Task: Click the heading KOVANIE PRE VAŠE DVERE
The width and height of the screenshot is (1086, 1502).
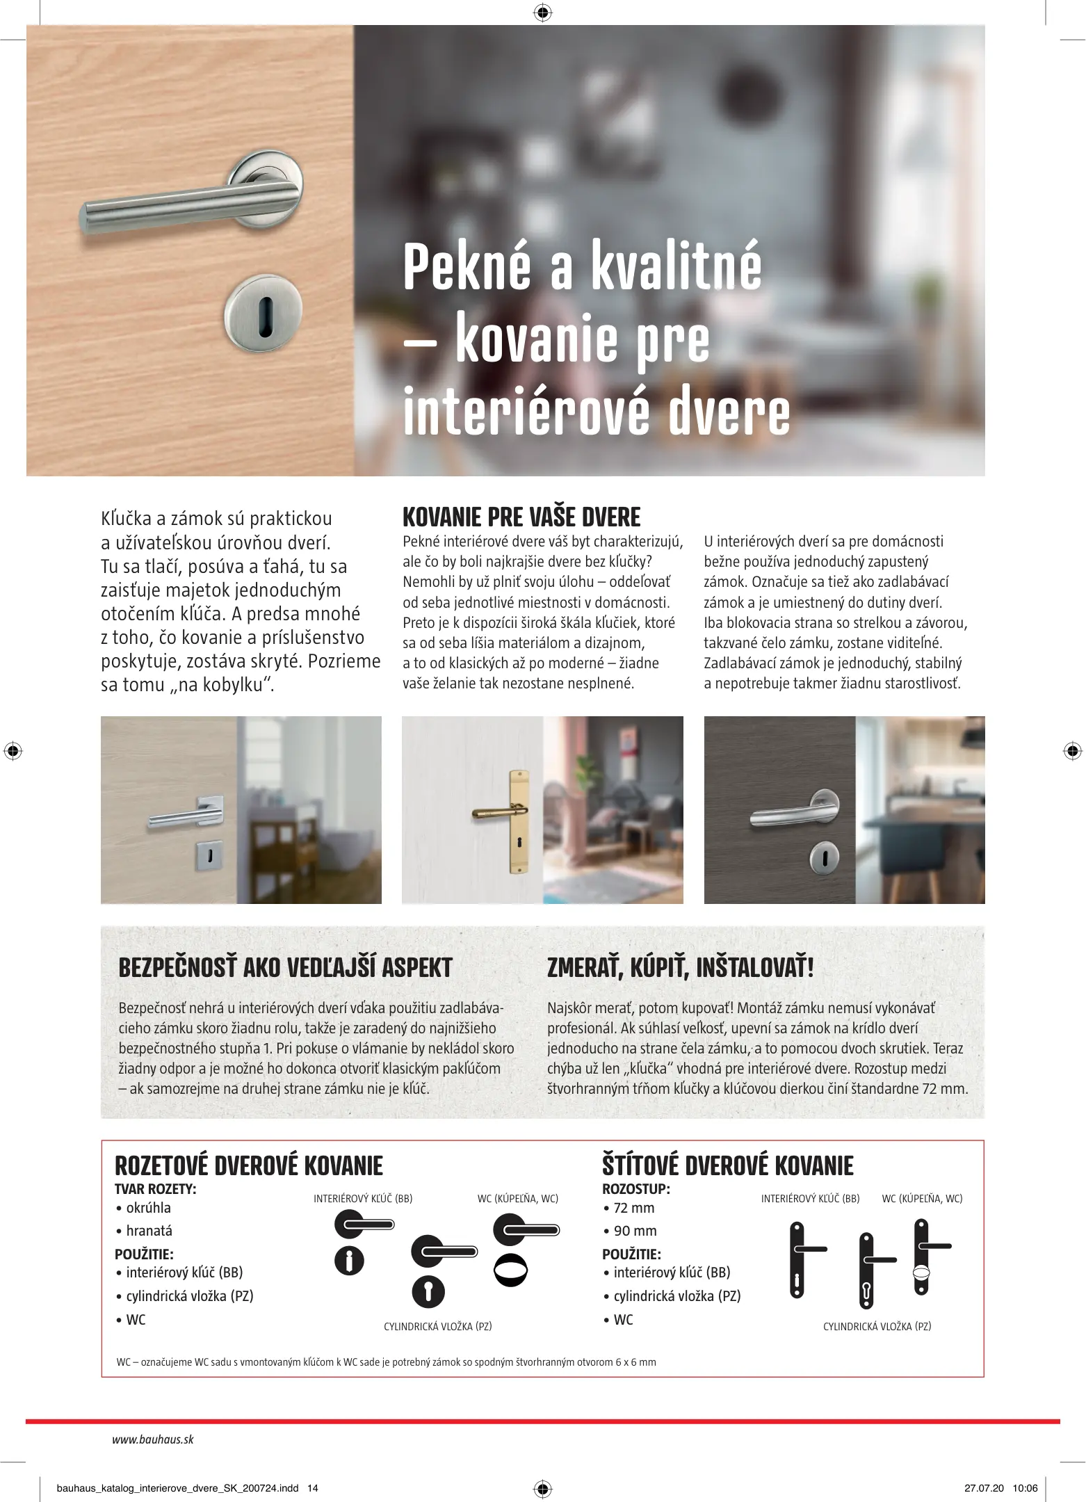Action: pyautogui.click(x=521, y=517)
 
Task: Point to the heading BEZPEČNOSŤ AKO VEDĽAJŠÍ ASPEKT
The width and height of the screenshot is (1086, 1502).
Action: pyautogui.click(x=285, y=968)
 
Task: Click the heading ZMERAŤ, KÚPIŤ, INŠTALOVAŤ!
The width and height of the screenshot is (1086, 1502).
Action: pyautogui.click(x=680, y=968)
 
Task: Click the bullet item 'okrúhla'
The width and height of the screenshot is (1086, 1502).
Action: pyautogui.click(x=148, y=1208)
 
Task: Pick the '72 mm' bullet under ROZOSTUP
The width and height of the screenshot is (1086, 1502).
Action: pyautogui.click(x=633, y=1208)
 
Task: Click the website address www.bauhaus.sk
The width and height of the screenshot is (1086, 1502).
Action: pyautogui.click(x=153, y=1439)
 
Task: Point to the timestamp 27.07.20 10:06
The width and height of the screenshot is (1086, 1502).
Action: pyautogui.click(x=1000, y=1488)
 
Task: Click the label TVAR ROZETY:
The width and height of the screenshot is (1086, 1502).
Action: pyautogui.click(x=156, y=1189)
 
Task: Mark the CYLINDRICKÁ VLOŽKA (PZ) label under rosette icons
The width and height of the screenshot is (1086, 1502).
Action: pyautogui.click(x=438, y=1327)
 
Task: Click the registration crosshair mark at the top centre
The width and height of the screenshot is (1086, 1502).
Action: pyautogui.click(x=543, y=13)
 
